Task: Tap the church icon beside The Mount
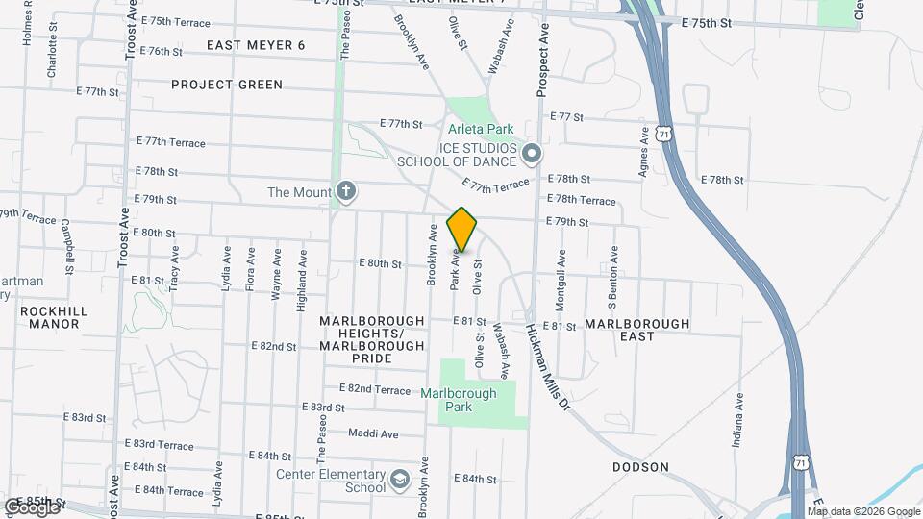(x=346, y=192)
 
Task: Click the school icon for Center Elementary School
(x=398, y=478)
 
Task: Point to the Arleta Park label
(x=481, y=129)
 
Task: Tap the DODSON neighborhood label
(x=640, y=467)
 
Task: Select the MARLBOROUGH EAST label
(x=636, y=330)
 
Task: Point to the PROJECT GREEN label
(x=227, y=85)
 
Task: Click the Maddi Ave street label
(x=373, y=433)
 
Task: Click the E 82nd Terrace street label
(x=375, y=388)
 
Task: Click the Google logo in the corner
(x=32, y=507)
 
